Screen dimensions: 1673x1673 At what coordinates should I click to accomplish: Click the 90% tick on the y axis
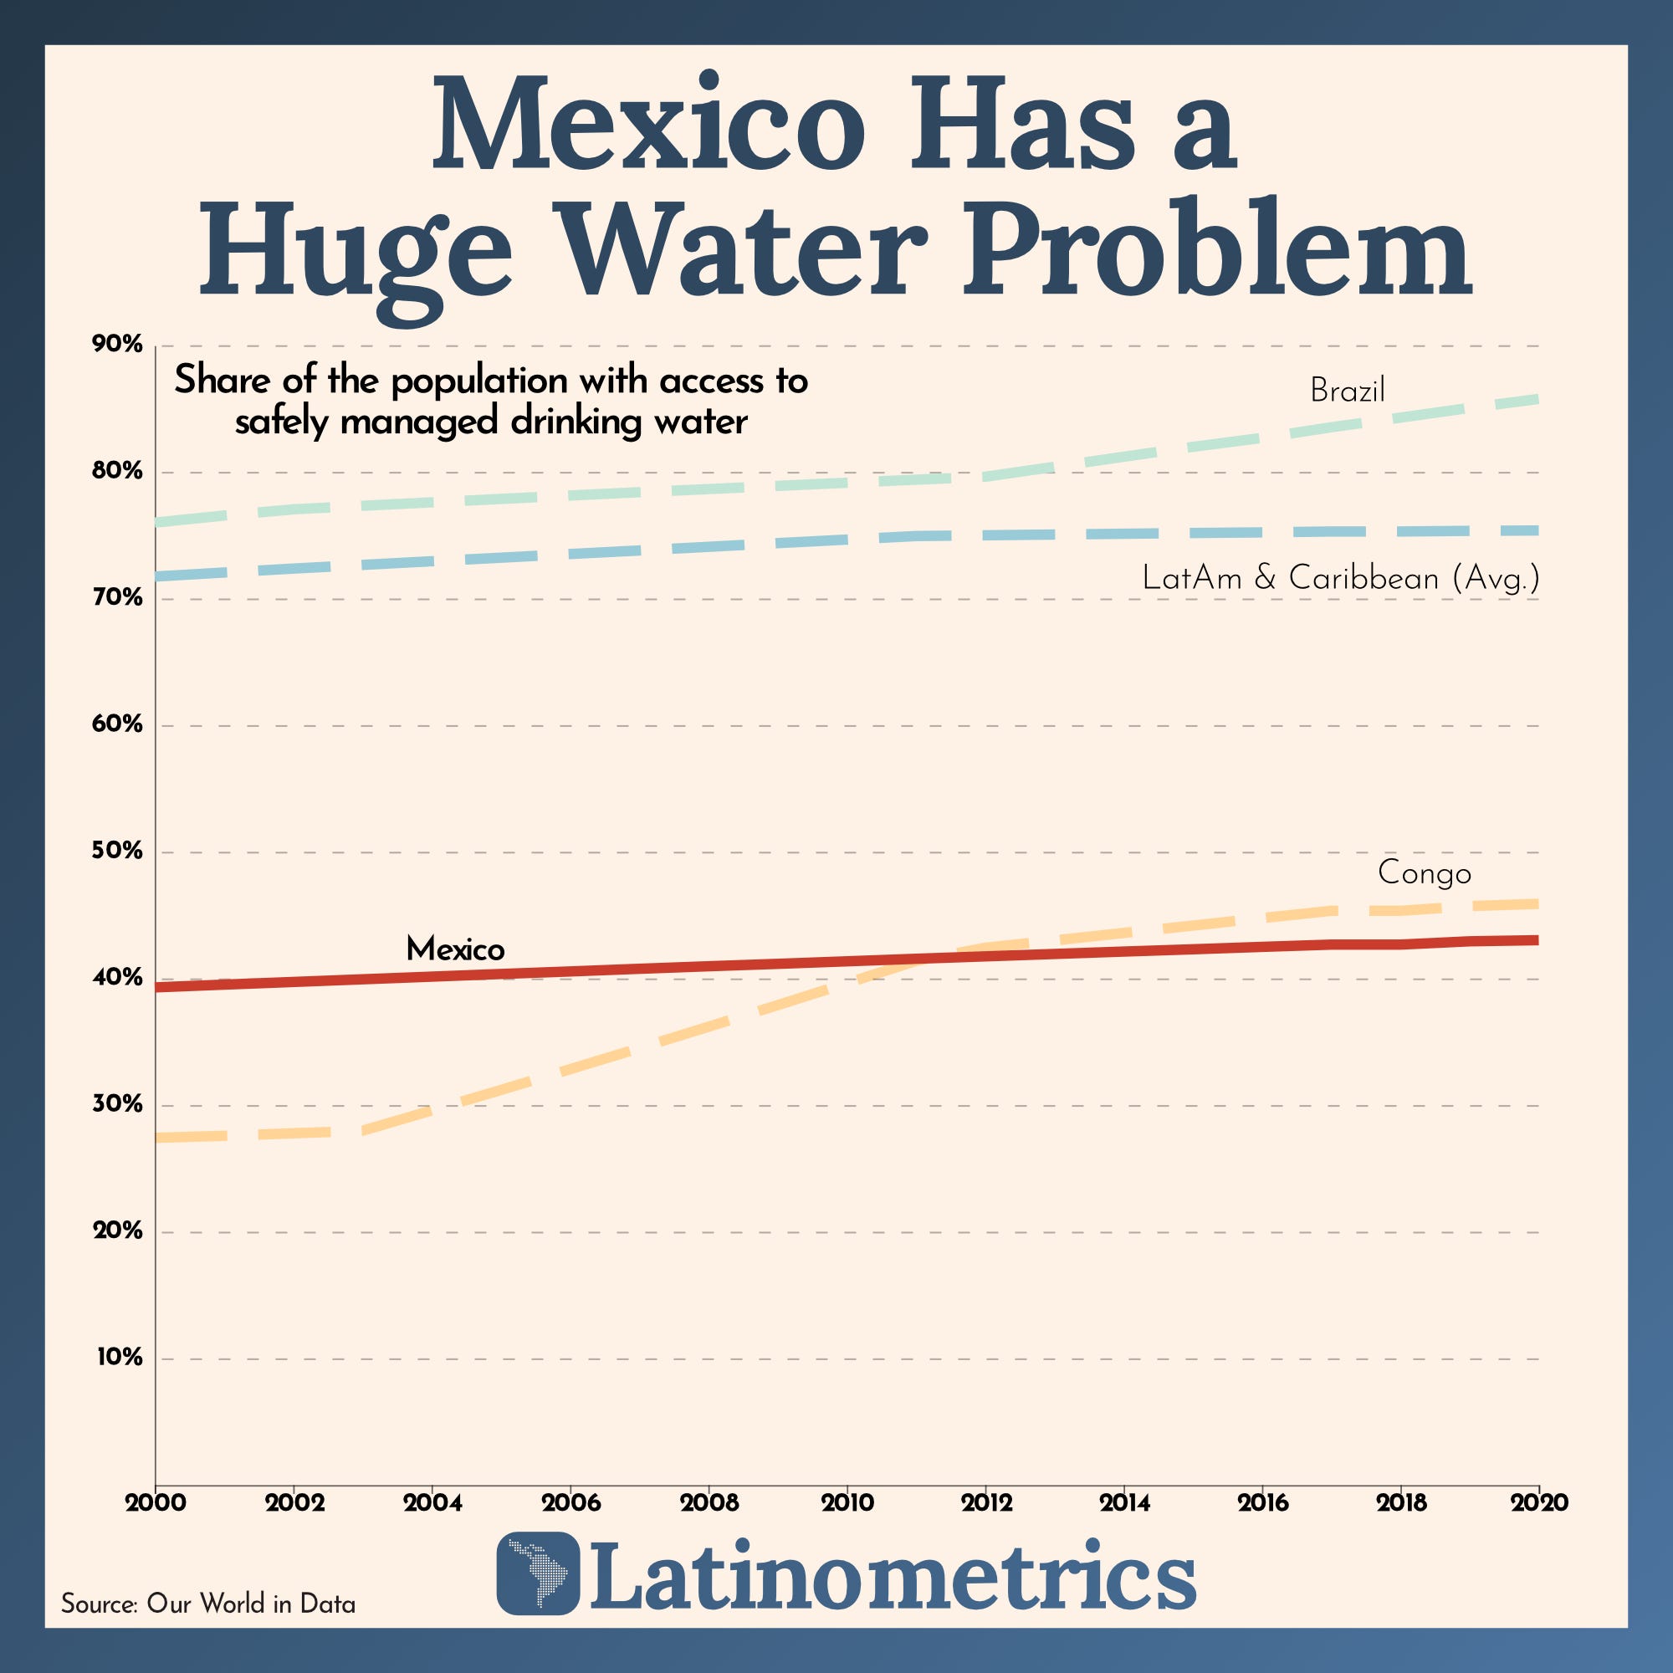click(x=117, y=345)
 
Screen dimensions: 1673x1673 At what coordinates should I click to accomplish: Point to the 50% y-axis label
click(x=117, y=852)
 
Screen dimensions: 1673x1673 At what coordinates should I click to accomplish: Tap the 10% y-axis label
click(x=120, y=1357)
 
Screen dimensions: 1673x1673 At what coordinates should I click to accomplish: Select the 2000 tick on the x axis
click(x=155, y=1502)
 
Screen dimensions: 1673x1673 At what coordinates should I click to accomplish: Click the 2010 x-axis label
click(x=847, y=1502)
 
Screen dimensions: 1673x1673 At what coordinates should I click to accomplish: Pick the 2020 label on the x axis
click(x=1540, y=1502)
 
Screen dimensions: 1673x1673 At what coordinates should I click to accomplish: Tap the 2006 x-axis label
click(x=570, y=1502)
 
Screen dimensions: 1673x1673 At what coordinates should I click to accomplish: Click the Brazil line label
click(x=1348, y=391)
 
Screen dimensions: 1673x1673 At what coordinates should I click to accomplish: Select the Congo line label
click(x=1425, y=872)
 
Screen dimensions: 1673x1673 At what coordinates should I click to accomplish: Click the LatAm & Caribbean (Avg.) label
click(x=1340, y=577)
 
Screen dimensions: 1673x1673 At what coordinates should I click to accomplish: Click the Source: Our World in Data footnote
click(x=207, y=1604)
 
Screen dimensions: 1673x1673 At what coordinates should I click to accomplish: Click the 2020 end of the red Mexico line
click(x=1537, y=939)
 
